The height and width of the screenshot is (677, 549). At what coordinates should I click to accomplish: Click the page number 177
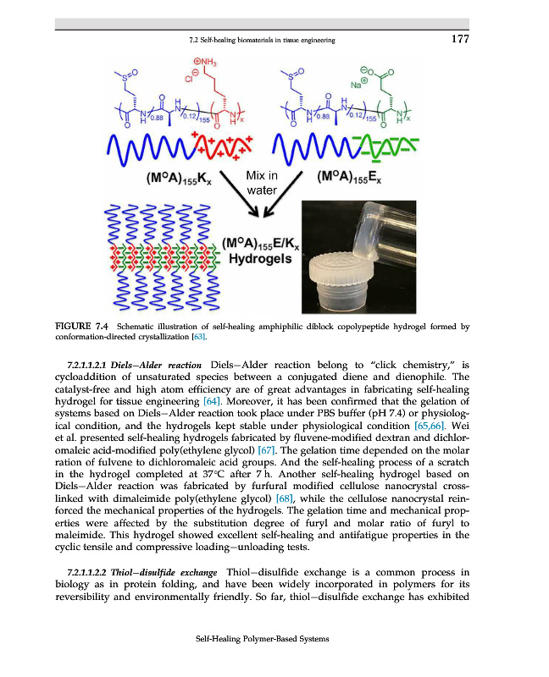(x=460, y=39)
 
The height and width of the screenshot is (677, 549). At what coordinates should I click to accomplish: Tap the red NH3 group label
(x=205, y=63)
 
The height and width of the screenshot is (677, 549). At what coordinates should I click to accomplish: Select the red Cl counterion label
(x=191, y=75)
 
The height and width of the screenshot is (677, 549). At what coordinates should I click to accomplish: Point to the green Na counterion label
(x=358, y=84)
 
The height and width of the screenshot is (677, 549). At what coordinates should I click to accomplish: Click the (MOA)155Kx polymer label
(x=179, y=179)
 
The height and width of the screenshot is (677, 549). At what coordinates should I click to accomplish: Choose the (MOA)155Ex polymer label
(x=349, y=178)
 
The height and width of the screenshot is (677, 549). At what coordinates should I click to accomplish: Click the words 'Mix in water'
(x=262, y=183)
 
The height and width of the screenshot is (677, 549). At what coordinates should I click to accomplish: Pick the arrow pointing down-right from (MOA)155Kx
(x=239, y=193)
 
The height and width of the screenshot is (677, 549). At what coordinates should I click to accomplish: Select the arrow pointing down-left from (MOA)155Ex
(x=283, y=194)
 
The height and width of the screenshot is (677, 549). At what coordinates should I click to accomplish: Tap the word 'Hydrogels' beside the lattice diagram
(x=260, y=259)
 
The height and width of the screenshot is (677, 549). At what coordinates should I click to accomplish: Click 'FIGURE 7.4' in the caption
(x=81, y=327)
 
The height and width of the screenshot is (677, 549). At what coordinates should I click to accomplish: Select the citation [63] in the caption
(x=199, y=337)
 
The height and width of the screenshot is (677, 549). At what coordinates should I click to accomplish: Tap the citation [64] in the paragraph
(x=212, y=401)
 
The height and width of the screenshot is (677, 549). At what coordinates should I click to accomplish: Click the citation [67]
(x=266, y=450)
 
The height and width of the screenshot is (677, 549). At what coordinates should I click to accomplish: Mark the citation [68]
(x=285, y=498)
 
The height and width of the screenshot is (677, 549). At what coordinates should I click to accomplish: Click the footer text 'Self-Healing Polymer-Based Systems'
(x=263, y=639)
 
